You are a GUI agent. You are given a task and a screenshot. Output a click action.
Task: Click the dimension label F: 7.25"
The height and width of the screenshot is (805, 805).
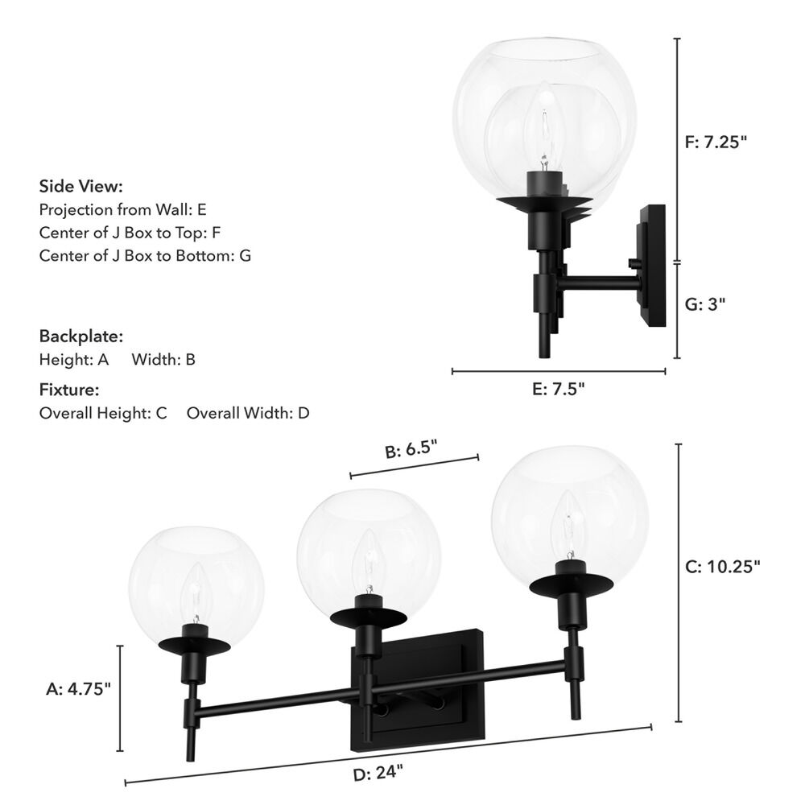click(716, 142)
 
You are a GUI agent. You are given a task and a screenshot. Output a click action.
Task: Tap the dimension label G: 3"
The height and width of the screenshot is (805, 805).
click(705, 304)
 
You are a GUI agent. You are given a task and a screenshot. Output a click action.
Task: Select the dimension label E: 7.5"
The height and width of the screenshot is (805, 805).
click(559, 389)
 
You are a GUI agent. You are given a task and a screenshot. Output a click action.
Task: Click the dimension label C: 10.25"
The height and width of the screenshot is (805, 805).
click(722, 566)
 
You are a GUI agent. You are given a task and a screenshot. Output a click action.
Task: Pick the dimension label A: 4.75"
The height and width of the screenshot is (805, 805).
click(78, 688)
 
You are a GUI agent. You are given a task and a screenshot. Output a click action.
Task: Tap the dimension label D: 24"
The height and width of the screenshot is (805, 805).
click(378, 773)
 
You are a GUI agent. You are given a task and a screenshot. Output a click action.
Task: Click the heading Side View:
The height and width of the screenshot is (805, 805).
click(81, 186)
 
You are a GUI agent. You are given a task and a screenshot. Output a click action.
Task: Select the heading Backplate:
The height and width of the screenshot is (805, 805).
click(81, 336)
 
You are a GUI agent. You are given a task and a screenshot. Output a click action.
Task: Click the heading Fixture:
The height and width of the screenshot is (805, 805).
click(69, 390)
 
